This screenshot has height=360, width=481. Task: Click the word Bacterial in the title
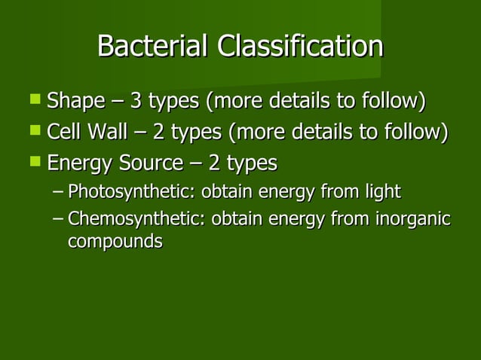click(154, 47)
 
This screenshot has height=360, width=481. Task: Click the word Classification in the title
click(300, 47)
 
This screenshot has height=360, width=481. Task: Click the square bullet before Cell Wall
click(35, 131)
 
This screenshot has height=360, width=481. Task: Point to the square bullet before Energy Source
click(35, 162)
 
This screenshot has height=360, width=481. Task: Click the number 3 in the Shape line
click(136, 101)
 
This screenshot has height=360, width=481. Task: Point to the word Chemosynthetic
click(136, 220)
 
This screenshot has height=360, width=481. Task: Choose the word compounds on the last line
click(115, 243)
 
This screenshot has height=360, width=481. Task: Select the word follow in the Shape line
click(393, 101)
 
